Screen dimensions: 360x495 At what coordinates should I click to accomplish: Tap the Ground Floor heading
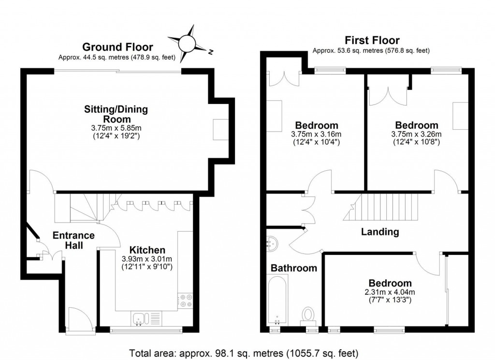pos(117,47)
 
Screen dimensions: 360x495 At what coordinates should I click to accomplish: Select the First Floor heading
pos(371,40)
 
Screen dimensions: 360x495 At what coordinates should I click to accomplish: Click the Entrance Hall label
pos(73,240)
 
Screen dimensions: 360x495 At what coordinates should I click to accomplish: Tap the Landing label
pos(380,232)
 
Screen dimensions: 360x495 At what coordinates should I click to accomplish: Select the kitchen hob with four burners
pos(185,300)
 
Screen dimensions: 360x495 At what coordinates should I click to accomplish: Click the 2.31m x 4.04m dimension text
pos(390,292)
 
